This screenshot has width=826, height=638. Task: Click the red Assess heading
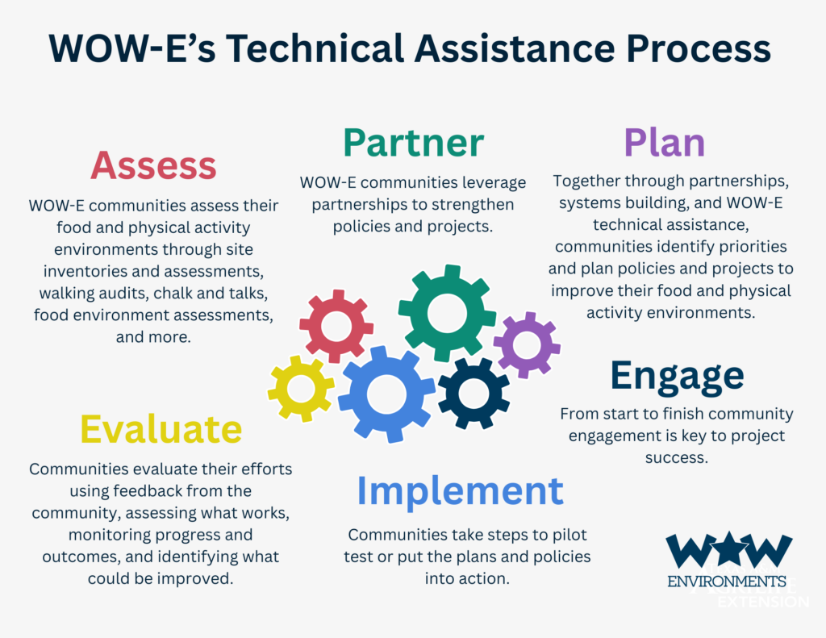[x=153, y=165]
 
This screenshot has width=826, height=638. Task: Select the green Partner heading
[x=414, y=142]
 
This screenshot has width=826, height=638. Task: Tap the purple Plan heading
[x=665, y=142]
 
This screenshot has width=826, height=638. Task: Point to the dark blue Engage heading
[x=677, y=376]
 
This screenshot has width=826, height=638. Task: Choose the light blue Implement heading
[x=461, y=491]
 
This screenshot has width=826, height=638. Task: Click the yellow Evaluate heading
[x=161, y=429]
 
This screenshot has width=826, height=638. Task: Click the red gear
[x=336, y=326]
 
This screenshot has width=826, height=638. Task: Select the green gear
[x=447, y=314]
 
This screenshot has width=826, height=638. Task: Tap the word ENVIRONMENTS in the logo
[x=727, y=582]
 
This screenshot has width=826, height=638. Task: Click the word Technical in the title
[x=315, y=48]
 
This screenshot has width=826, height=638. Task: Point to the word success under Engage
[x=677, y=458]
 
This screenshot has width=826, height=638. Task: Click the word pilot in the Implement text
[x=569, y=536]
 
